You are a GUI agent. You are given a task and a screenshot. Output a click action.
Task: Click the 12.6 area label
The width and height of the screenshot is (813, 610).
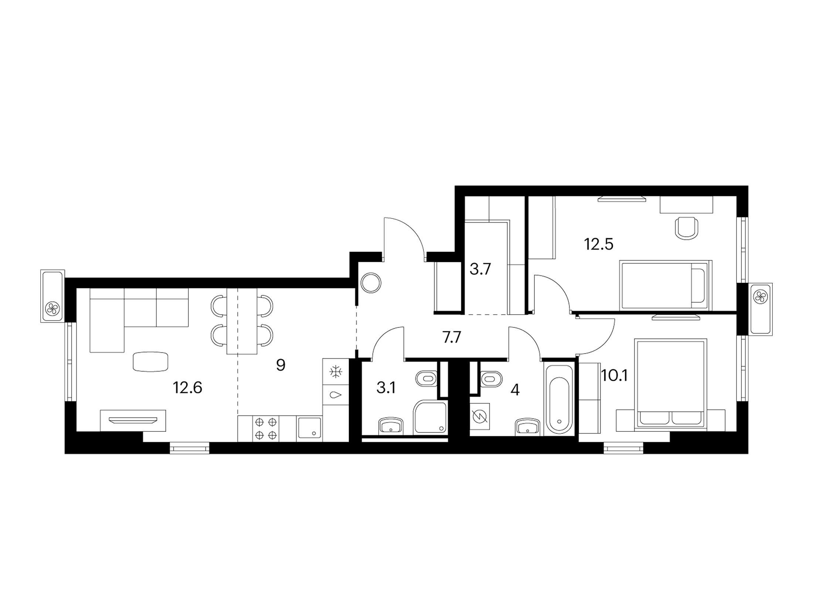(x=187, y=388)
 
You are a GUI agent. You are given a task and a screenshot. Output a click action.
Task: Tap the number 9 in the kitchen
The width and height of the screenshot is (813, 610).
(x=280, y=365)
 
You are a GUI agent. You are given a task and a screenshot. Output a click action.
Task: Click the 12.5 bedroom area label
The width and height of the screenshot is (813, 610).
(x=599, y=244)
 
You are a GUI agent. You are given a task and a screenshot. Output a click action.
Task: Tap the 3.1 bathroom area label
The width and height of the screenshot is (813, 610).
(x=386, y=389)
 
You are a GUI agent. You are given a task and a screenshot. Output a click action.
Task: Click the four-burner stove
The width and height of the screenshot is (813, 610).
(x=266, y=428)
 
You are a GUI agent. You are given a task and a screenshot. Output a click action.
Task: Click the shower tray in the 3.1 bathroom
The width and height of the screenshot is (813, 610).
(x=430, y=417)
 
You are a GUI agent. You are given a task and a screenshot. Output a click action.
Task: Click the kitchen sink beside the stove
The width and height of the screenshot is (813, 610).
(x=309, y=428)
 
